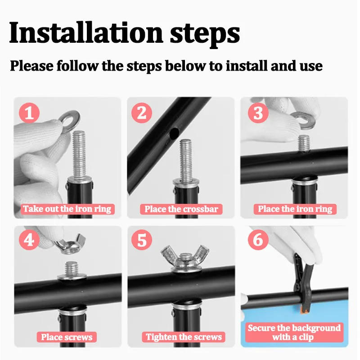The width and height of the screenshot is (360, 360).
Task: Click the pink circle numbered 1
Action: (29, 113)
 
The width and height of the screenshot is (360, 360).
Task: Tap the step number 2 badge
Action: (142, 113)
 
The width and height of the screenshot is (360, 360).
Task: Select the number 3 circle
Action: (258, 113)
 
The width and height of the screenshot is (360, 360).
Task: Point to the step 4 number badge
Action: (29, 240)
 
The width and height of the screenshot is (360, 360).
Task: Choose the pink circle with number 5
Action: (142, 240)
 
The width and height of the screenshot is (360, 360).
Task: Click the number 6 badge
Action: (258, 240)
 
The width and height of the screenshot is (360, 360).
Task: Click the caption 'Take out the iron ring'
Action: (67, 209)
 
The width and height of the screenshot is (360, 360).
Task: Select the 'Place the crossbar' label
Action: (181, 209)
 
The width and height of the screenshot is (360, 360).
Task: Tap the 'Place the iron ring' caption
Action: (295, 209)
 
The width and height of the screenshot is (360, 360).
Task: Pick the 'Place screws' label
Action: (67, 337)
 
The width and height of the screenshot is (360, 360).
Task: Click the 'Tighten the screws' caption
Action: (184, 337)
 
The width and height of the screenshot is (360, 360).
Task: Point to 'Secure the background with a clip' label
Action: (294, 332)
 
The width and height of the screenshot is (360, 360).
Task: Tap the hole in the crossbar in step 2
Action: (174, 133)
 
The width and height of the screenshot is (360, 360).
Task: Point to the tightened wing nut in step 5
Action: (185, 258)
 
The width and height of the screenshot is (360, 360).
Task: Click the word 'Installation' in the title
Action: (86, 32)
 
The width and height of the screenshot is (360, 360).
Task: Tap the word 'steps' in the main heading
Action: (205, 35)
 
